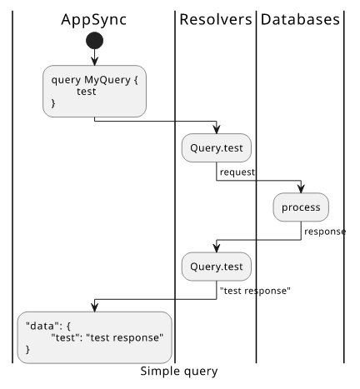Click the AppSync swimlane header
click(x=94, y=20)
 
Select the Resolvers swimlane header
click(x=216, y=20)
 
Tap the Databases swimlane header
click(x=300, y=20)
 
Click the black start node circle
click(x=95, y=41)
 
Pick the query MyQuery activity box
click(x=94, y=92)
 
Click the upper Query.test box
click(x=217, y=148)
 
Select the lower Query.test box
click(x=217, y=267)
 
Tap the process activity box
click(x=301, y=207)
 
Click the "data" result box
click(x=94, y=337)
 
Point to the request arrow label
click(x=237, y=172)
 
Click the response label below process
click(x=325, y=232)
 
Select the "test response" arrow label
click(x=255, y=291)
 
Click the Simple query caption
click(x=179, y=372)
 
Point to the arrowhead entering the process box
click(x=301, y=188)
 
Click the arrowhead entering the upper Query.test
click(x=217, y=129)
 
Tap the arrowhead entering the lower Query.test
click(x=217, y=248)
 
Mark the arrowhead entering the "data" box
click(x=95, y=307)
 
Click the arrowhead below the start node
click(x=95, y=61)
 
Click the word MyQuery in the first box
click(x=107, y=80)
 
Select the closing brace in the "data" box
click(x=27, y=349)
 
